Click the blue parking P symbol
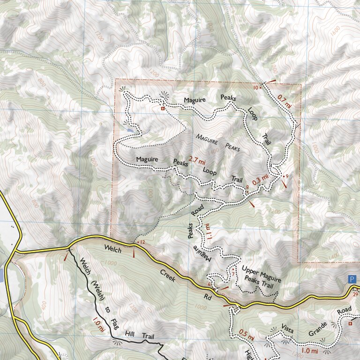(352, 279)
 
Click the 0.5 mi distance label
(247, 336)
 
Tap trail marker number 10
(255, 88)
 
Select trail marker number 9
(286, 176)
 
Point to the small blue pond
(129, 127)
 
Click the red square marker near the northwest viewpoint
(163, 109)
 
